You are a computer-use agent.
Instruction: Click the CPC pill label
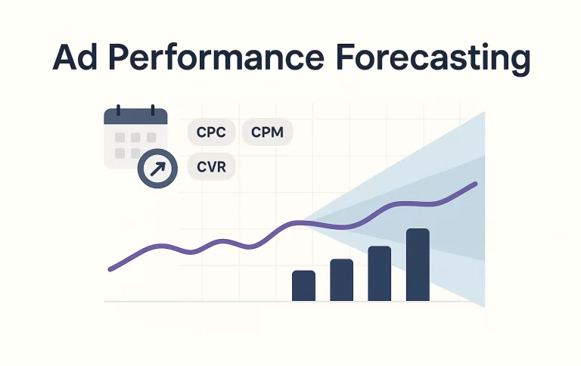[x=211, y=132]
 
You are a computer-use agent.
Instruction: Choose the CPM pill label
[x=267, y=132]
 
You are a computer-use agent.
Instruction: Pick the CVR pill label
[x=211, y=166]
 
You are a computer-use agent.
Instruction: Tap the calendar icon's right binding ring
[x=152, y=110]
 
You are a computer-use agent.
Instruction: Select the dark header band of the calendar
[x=135, y=117]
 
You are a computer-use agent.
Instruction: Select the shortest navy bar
[x=303, y=285]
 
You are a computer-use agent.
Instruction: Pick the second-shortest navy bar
[x=341, y=280]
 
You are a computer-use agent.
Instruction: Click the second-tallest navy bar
[x=379, y=273]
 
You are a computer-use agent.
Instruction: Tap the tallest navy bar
[x=418, y=264]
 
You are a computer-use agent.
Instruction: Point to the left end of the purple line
[x=110, y=268]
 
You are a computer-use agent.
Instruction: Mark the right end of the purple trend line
[x=476, y=184]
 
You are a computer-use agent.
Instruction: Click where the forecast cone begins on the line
[x=302, y=222]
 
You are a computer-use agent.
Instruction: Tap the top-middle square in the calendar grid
[x=135, y=138]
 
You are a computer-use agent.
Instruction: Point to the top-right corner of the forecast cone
[x=483, y=113]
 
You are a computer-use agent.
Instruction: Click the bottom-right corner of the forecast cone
[x=483, y=306]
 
